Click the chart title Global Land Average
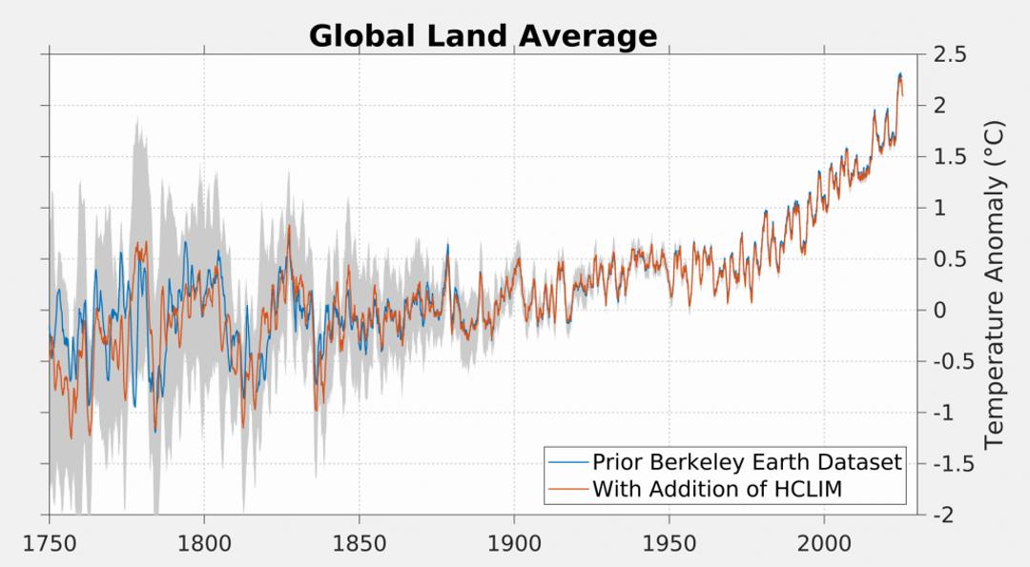pyautogui.click(x=483, y=36)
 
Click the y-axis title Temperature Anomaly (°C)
pyautogui.click(x=995, y=284)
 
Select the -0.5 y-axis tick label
pyautogui.click(x=952, y=362)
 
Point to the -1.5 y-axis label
pyautogui.click(x=952, y=464)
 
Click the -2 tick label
pyautogui.click(x=944, y=516)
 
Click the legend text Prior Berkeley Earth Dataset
pyautogui.click(x=747, y=462)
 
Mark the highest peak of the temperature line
pyautogui.click(x=899, y=74)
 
